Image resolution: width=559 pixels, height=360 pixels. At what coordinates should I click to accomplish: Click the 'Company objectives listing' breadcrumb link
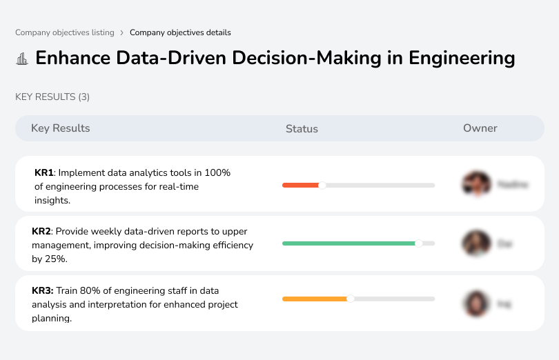[65, 32]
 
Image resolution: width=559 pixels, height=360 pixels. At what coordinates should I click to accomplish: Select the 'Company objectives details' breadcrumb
[180, 32]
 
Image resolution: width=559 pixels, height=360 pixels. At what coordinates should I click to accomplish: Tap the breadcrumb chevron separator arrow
[122, 32]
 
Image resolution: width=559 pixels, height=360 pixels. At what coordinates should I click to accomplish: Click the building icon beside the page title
[22, 59]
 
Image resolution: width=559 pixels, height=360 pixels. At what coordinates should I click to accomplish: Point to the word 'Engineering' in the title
[462, 58]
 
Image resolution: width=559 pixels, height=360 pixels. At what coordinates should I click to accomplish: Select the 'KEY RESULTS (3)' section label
[52, 97]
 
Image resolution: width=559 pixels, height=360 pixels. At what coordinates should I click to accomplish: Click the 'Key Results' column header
[60, 128]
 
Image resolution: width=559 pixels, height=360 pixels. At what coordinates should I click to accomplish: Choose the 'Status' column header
[302, 129]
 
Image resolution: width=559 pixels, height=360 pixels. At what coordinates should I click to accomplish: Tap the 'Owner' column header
[480, 128]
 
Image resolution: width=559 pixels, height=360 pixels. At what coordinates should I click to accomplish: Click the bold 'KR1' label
[43, 173]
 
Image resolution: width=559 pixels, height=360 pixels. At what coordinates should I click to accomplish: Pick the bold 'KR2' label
[41, 232]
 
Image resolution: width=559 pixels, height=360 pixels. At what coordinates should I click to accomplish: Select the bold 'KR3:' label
[43, 291]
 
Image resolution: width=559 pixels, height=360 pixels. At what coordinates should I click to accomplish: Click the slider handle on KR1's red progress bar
[322, 185]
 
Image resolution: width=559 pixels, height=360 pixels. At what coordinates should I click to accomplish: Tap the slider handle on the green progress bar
[418, 243]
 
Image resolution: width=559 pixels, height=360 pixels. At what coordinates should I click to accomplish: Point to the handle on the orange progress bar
[351, 299]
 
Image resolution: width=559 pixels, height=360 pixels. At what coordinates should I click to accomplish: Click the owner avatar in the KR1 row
[476, 184]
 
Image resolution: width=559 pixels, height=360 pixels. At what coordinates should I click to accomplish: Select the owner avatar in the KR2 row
[476, 243]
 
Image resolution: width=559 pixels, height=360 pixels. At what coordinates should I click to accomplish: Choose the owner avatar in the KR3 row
[476, 303]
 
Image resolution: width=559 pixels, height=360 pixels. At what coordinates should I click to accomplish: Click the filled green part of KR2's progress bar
[349, 243]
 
